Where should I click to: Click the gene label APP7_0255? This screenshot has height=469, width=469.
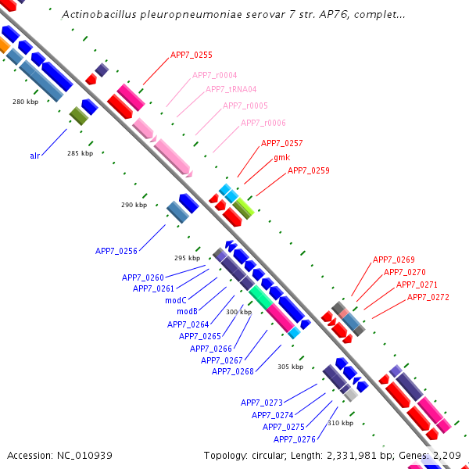tap(192, 55)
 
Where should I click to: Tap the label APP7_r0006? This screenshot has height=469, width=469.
tap(263, 123)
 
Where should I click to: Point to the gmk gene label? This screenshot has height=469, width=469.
tap(281, 157)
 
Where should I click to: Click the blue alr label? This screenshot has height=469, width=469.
tap(35, 156)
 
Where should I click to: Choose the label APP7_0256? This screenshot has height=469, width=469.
tap(116, 251)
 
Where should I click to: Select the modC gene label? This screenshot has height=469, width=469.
tap(175, 300)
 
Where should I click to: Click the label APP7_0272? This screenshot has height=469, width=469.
tap(428, 297)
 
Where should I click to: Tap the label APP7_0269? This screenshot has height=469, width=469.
tap(393, 260)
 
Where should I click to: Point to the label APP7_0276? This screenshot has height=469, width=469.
tap(294, 439)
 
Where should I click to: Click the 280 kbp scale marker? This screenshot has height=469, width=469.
tap(25, 102)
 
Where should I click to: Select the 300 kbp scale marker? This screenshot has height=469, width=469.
tap(238, 312)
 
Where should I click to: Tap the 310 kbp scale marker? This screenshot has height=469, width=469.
tap(340, 423)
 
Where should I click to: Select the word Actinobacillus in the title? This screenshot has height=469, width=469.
tap(97, 14)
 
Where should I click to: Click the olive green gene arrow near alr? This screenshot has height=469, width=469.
tap(79, 116)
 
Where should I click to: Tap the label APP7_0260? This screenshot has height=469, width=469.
tap(143, 277)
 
